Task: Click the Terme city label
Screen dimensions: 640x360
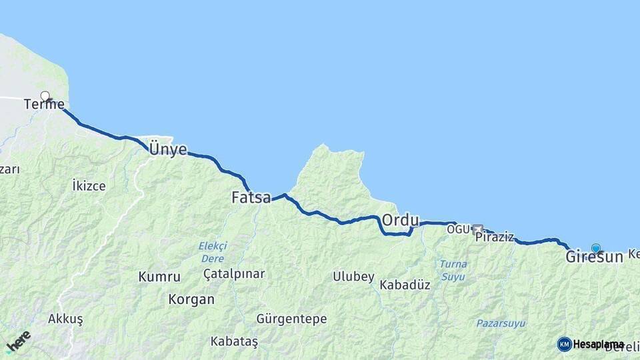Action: tap(44, 105)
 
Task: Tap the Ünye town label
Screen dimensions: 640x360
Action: tap(167, 149)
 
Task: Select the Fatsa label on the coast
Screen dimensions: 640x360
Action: tap(251, 198)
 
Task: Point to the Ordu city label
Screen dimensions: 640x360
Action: tap(400, 220)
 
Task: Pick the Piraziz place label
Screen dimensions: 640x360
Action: tap(495, 237)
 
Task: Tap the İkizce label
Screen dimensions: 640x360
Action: tap(89, 186)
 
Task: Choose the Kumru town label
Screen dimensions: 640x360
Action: tap(159, 277)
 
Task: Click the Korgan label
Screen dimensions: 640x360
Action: tap(191, 300)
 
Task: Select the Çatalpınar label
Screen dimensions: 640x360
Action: tap(234, 274)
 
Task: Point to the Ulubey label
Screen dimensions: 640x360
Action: tap(353, 277)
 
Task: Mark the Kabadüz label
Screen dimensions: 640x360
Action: tap(405, 285)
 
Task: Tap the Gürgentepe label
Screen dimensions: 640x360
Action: tap(291, 319)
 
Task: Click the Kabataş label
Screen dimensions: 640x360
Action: tap(234, 341)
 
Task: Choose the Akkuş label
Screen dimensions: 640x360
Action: tap(65, 319)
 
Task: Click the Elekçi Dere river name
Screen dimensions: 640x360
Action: tap(213, 251)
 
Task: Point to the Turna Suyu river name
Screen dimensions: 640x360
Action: tap(453, 269)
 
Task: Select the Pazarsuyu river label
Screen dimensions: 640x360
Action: tap(500, 323)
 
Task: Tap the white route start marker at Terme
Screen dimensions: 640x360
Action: tap(45, 96)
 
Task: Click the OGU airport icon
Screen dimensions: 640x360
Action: tap(477, 230)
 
